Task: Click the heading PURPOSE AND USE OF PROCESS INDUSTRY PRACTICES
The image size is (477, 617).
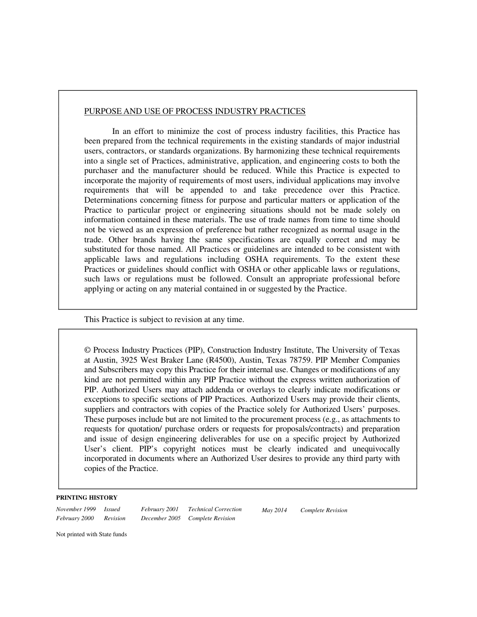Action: pos(195,111)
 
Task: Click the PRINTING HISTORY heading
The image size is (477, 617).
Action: pos(87,498)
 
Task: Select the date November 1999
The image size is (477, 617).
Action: pos(76,509)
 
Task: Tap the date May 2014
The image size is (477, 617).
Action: pos(274,511)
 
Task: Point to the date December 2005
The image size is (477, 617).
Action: pos(161,519)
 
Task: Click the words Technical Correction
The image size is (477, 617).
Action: pos(215,509)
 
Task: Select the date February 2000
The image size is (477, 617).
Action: pos(75,519)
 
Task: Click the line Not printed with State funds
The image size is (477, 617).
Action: pos(91,535)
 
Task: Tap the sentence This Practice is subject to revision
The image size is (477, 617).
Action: pos(164,320)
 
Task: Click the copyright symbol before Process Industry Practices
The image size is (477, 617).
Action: pos(87,350)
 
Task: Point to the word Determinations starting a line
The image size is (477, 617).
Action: pos(109,200)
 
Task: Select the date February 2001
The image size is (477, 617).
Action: pos(160,509)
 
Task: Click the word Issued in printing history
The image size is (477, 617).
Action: pos(112,509)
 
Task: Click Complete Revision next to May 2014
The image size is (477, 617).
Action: pos(324,511)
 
